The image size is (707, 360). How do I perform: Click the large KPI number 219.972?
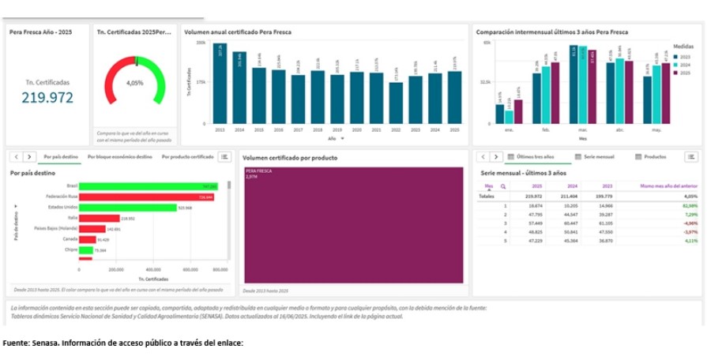coord(47,98)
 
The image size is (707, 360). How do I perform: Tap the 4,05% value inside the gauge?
coord(134,82)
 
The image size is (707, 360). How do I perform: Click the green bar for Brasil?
coord(142,186)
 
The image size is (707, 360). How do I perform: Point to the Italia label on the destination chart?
coord(72,218)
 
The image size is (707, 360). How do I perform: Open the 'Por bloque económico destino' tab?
coord(120,157)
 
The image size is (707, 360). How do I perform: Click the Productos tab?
coord(655,157)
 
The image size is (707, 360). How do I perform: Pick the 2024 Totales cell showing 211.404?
coord(568,196)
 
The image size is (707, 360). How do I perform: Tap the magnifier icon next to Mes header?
coord(502,186)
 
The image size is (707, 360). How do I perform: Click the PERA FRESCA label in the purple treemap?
coord(258,171)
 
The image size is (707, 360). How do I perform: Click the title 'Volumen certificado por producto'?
coord(289,158)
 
